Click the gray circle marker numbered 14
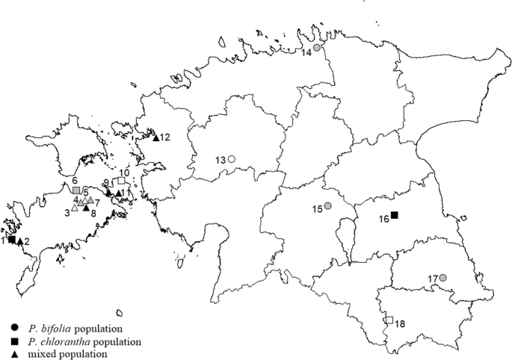pos(317,48)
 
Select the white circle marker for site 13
pos(232,159)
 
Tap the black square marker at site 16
pos(395,216)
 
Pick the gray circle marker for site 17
pos(442,279)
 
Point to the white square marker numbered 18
pos(389,320)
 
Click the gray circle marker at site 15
pos(327,206)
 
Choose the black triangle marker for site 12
pos(156,137)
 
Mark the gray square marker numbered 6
pos(76,191)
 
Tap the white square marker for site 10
pos(122,181)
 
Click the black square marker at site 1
pos(11,239)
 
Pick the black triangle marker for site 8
pos(87,208)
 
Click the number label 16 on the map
pos(383,218)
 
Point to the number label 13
pos(220,160)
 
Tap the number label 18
pos(401,324)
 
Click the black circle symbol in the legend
pos(16,328)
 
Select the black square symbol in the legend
pos(16,341)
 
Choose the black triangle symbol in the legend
pos(16,354)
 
